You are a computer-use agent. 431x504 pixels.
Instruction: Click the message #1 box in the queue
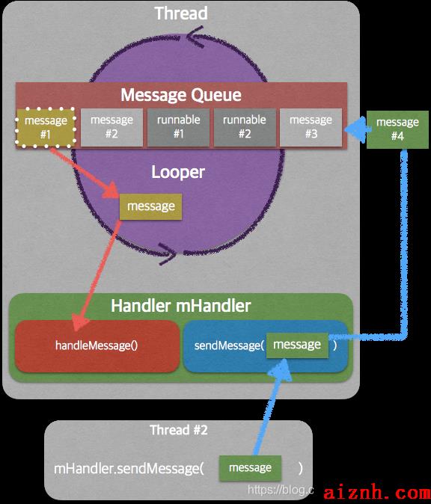click(x=46, y=128)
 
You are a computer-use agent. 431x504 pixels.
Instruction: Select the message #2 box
click(x=111, y=127)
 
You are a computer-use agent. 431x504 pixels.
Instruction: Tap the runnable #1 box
click(x=179, y=127)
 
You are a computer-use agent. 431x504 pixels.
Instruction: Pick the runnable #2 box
click(x=245, y=127)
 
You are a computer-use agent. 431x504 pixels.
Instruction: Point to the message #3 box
click(x=311, y=127)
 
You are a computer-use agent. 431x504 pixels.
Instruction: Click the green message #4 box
click(x=397, y=129)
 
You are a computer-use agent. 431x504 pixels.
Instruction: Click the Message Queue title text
click(x=181, y=95)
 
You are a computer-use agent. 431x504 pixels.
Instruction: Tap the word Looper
click(x=178, y=172)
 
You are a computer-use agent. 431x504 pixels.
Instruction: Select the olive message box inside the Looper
click(x=151, y=206)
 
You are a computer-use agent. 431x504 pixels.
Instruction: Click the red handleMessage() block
click(x=97, y=346)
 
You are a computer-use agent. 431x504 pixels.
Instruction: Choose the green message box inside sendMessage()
click(x=297, y=345)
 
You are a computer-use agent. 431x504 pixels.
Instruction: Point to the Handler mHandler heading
click(x=181, y=306)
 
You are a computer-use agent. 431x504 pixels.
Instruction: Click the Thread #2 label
click(x=179, y=430)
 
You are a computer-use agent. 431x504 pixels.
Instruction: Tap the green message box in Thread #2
click(x=250, y=468)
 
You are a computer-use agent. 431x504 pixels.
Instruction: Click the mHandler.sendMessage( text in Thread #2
click(x=129, y=469)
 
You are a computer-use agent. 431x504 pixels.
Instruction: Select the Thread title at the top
click(x=181, y=13)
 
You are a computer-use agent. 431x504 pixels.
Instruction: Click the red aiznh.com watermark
click(x=377, y=493)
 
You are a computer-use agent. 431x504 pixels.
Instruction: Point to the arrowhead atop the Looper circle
click(x=195, y=37)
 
